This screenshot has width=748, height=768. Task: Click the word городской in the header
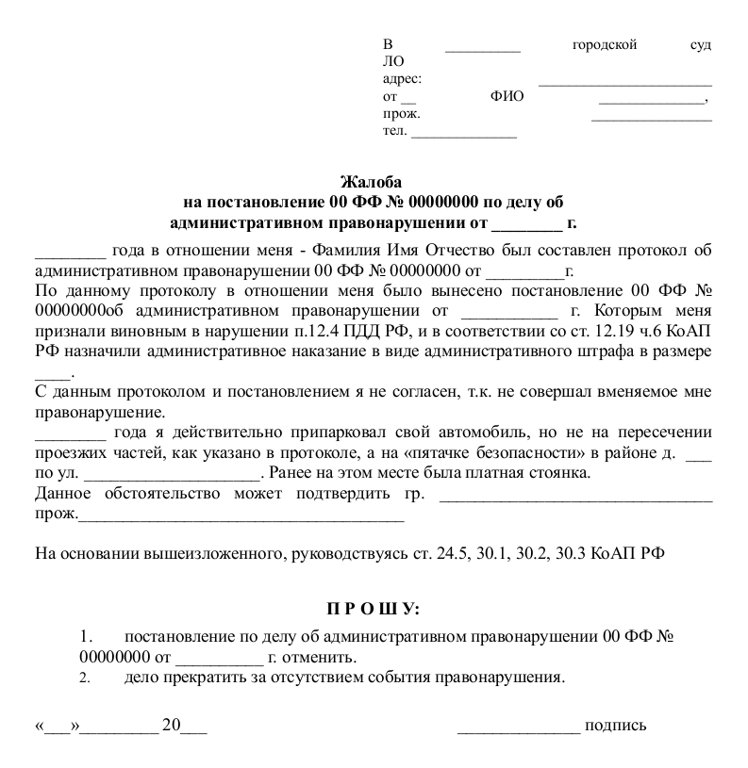click(x=605, y=44)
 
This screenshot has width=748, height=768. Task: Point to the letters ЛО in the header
click(x=392, y=61)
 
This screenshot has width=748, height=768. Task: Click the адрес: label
click(x=402, y=79)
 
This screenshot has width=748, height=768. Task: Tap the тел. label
click(x=395, y=130)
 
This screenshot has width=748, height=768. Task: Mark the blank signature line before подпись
click(x=518, y=727)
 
